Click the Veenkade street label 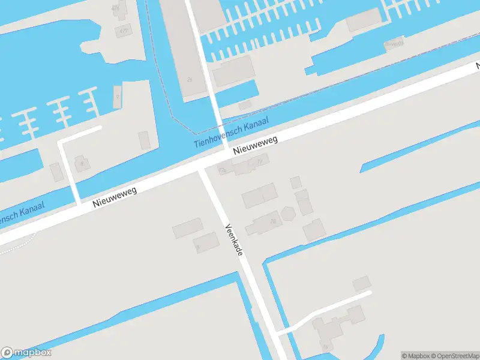tap(234, 241)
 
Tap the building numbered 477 tap(124, 30)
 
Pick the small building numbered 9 tap(118, 97)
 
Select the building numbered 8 tap(82, 163)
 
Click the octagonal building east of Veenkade tap(288, 213)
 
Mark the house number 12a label tap(223, 171)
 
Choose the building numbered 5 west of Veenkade tap(206, 242)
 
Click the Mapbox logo tap(26, 353)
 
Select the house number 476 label tap(115, 8)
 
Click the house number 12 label tap(259, 161)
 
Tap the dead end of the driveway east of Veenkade tap(369, 293)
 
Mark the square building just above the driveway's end tap(361, 283)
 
